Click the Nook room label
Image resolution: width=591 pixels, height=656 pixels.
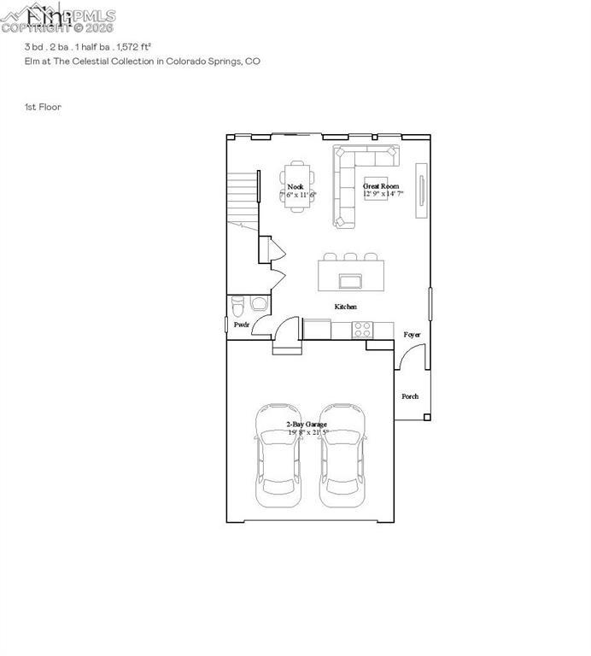295,186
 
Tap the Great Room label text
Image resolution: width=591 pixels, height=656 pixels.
381,185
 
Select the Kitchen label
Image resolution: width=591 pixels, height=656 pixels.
345,307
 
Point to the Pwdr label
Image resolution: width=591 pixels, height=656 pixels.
242,325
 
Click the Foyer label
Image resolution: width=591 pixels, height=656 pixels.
412,334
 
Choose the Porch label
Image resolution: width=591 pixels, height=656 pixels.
410,396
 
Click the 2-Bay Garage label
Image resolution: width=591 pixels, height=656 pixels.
307,424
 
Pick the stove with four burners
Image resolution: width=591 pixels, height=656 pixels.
362,328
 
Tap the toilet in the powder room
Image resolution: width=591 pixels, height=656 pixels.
238,304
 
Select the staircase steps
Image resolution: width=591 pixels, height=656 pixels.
243,196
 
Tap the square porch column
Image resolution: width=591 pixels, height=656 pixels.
426,417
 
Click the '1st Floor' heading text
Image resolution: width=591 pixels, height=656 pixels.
43,107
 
